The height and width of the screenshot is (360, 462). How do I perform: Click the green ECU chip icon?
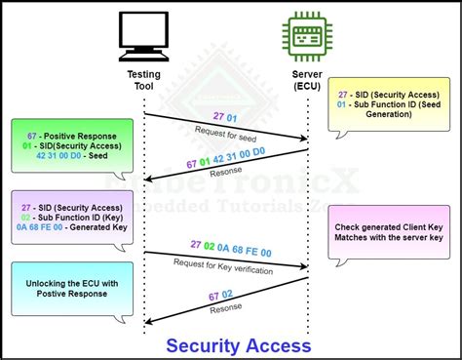[x=304, y=38]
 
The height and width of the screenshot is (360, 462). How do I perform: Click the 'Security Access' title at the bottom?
[x=238, y=345]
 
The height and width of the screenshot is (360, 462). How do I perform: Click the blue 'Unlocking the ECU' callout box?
[x=65, y=290]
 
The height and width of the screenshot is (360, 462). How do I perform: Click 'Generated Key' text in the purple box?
[x=86, y=226]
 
